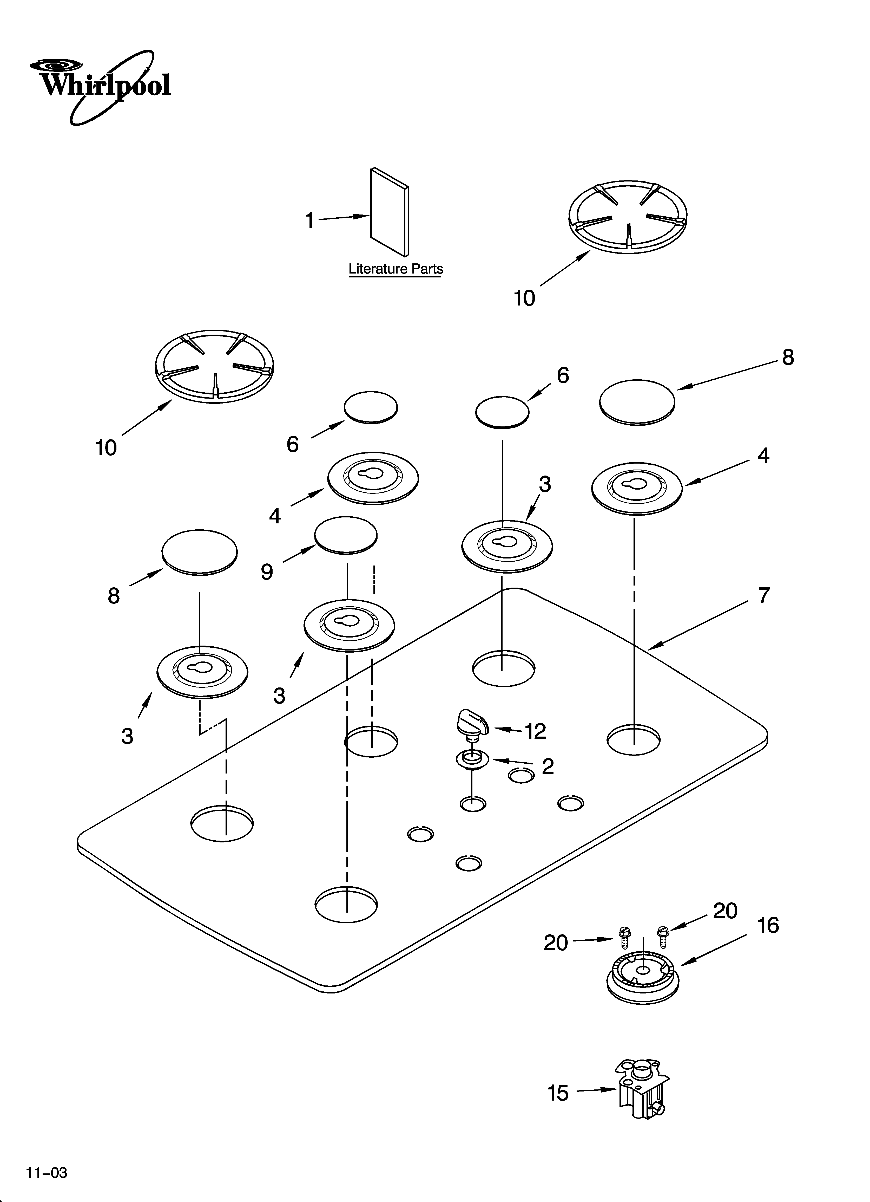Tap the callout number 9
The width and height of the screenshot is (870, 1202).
(267, 572)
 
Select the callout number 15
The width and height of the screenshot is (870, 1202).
(557, 1093)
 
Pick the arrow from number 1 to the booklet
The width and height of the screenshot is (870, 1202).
(343, 217)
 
